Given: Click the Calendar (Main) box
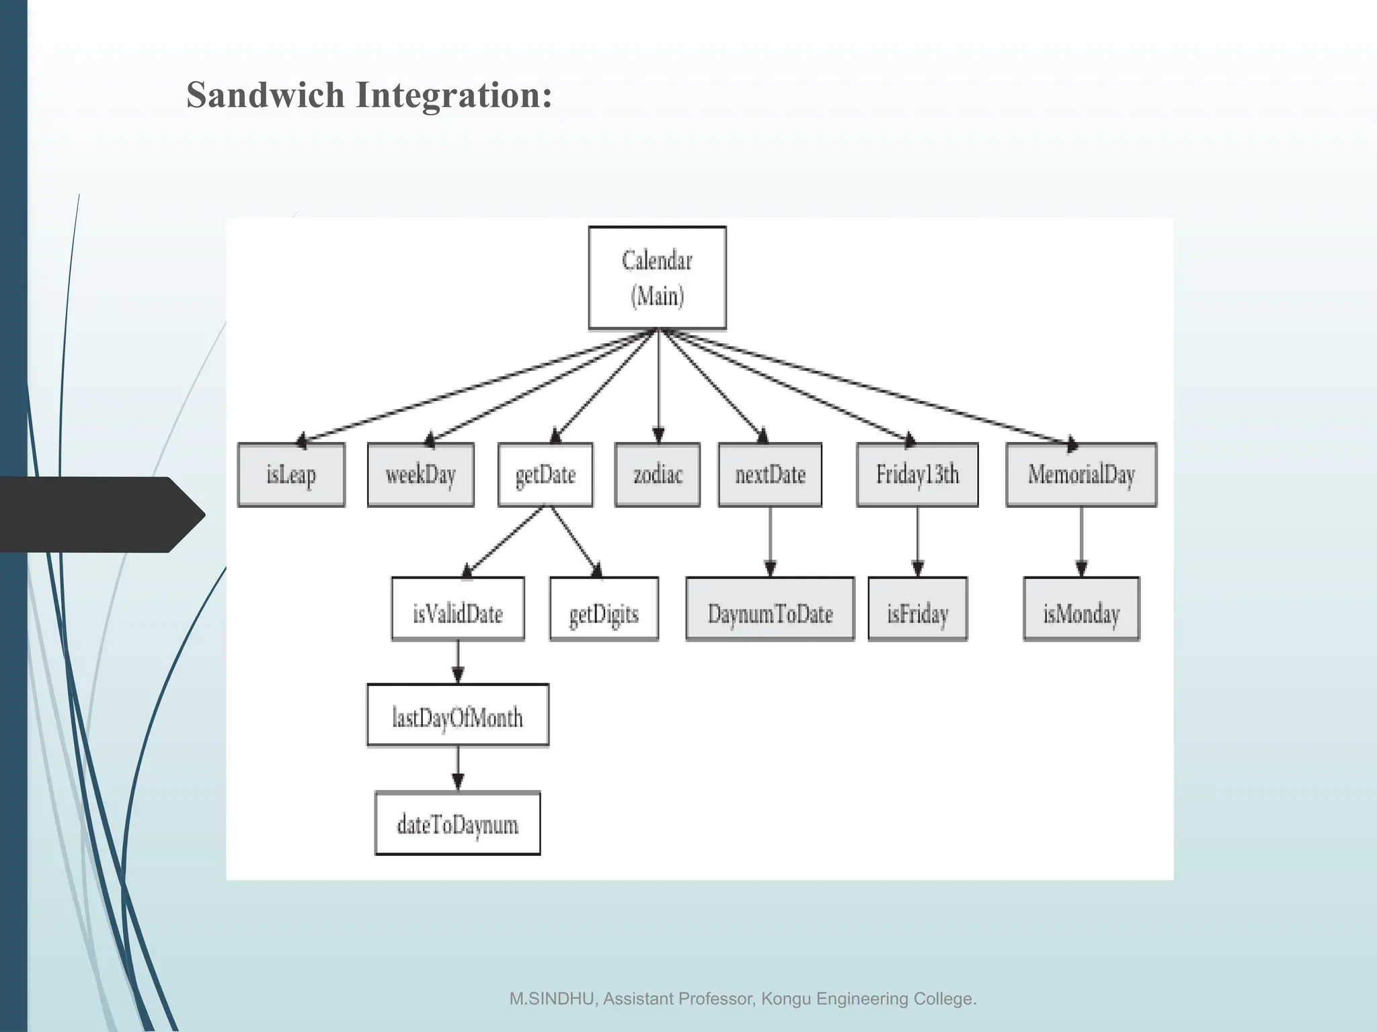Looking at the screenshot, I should pos(657,277).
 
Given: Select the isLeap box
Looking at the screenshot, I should pos(291,474).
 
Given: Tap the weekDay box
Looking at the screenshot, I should pos(420,474).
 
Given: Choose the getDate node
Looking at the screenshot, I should pos(545,474).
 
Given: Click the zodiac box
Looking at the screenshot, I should pos(657,474).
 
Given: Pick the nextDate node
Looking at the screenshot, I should pos(770,474).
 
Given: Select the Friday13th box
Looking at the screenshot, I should pos(917,474).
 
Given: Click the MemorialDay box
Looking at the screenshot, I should pos(1081,474).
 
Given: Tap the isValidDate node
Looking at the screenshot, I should pos(458,609).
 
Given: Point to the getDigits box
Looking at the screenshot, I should pos(604,609).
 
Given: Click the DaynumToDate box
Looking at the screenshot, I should pos(770,609).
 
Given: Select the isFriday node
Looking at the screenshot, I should pos(917,609).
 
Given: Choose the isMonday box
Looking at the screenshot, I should pos(1081,609).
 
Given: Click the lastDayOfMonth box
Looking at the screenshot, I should pos(458,715).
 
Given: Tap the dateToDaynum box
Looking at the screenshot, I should pos(458,823).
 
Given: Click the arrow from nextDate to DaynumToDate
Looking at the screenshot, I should pos(771,541).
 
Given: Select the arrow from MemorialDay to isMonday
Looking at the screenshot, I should pos(1081,541).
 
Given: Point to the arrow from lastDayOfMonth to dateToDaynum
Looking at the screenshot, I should pos(458,768).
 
